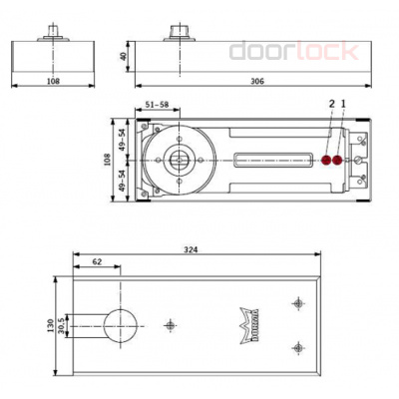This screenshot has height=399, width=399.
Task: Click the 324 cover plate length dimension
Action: [x=191, y=249]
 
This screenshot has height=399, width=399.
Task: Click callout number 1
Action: [x=343, y=104]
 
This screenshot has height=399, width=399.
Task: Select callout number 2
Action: [x=330, y=104]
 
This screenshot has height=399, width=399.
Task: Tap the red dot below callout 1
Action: [x=339, y=160]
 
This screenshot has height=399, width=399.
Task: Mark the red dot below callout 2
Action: [x=327, y=160]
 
